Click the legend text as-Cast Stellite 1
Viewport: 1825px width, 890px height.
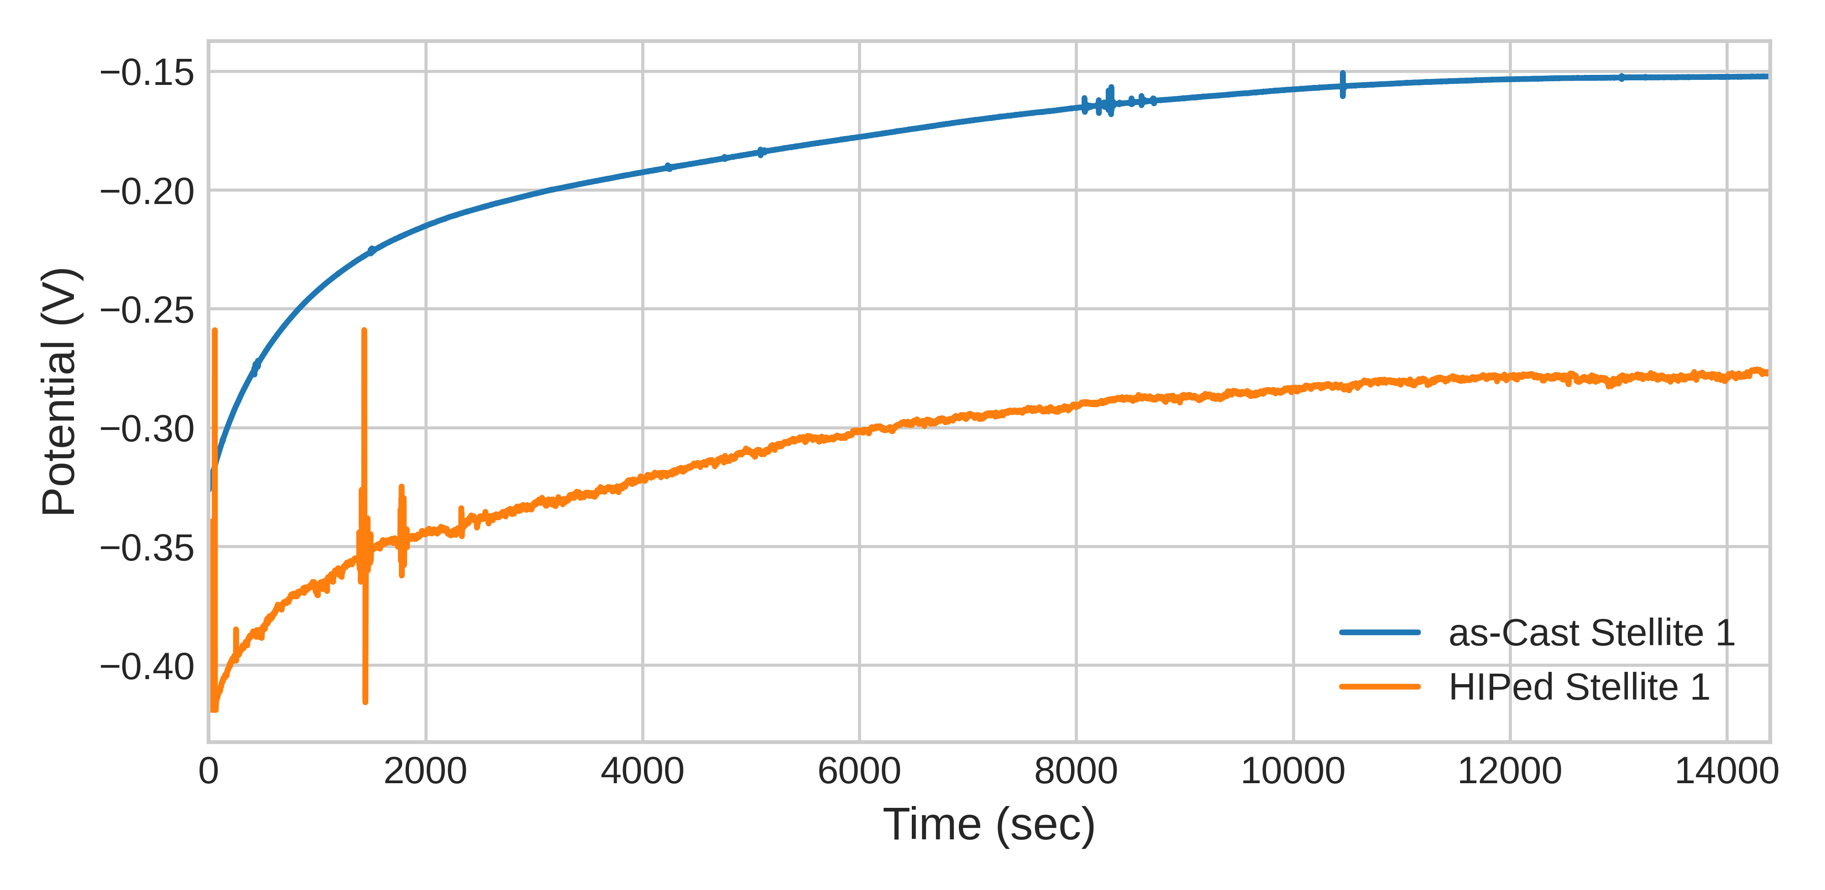coord(1591,633)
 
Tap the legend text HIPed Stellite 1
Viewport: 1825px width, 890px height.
coord(1579,686)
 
